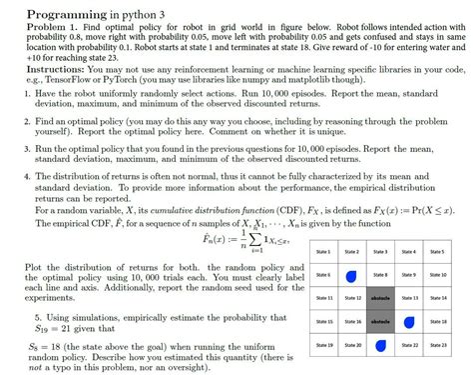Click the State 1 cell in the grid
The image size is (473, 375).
(x=322, y=252)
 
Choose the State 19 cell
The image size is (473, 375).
(x=322, y=345)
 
